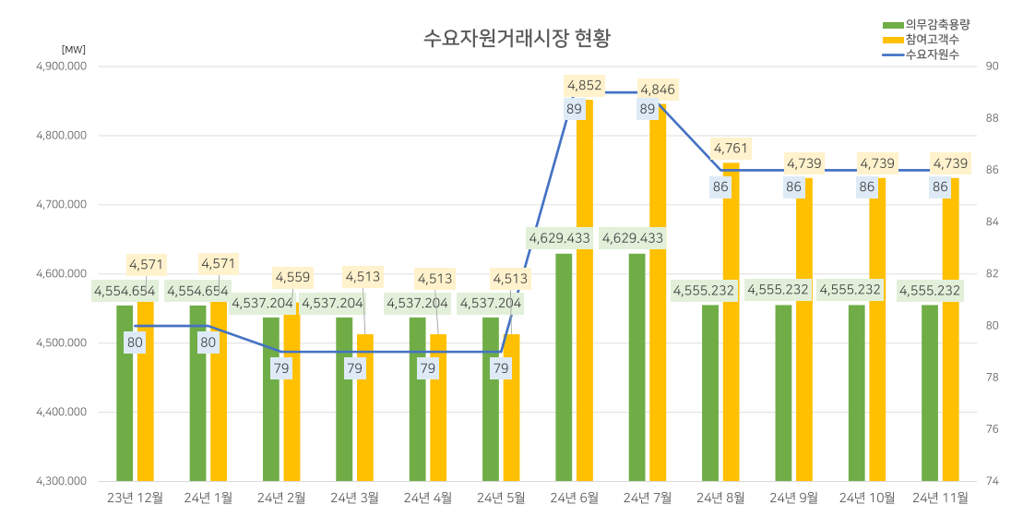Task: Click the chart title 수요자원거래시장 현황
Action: point(517,38)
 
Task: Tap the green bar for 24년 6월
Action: point(564,369)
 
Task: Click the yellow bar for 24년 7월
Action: point(658,295)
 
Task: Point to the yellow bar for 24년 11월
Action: point(951,332)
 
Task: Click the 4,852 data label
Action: point(584,86)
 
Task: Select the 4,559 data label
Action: point(291,276)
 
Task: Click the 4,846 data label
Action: point(657,90)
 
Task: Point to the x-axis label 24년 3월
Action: point(354,498)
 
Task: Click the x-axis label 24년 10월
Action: point(866,498)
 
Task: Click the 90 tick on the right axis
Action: point(993,66)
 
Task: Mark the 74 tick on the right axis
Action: point(993,481)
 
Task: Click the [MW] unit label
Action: point(73,49)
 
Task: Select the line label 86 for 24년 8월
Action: point(720,186)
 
